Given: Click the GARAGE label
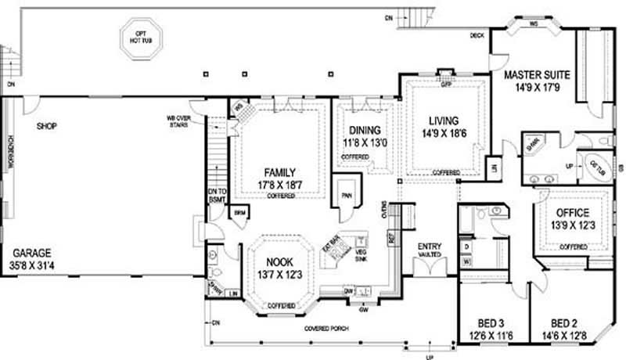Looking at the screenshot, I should pos(31,253).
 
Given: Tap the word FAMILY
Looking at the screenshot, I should pos(279,172).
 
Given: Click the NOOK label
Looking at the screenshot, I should pos(280,262).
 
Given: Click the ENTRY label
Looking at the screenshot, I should pos(430,246).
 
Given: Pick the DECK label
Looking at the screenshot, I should pos(477,36).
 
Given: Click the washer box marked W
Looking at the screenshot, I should pos(466,262).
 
